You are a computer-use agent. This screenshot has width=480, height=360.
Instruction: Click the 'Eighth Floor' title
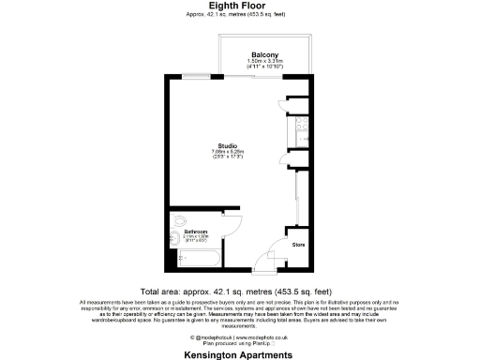240,6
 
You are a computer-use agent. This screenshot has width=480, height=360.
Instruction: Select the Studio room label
227,145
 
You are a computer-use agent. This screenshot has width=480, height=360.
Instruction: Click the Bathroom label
195,231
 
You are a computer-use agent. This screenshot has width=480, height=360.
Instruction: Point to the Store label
298,245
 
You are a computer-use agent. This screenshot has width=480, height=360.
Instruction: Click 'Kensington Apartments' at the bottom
240,354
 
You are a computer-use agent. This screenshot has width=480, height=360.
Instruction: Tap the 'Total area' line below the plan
240,291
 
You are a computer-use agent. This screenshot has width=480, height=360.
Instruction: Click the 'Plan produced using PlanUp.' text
240,344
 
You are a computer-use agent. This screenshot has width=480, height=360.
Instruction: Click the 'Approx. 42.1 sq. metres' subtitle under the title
240,16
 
